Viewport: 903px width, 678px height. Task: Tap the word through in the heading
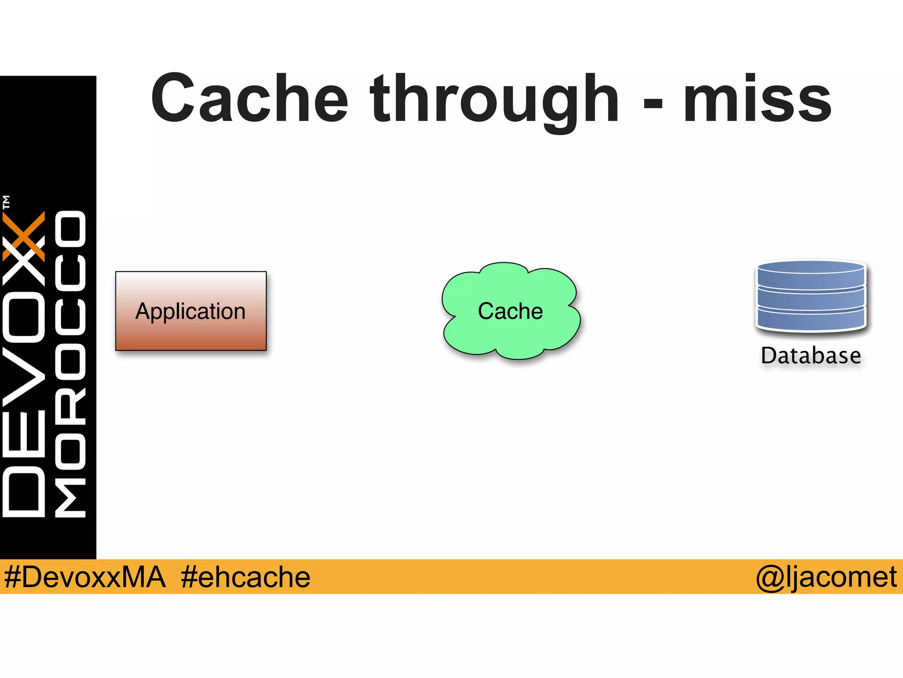(x=495, y=99)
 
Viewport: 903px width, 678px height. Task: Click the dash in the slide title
(x=653, y=103)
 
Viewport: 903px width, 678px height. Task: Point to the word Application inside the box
(x=190, y=311)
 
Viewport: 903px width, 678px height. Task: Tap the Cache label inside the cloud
(x=510, y=311)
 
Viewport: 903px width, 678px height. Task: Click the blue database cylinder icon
(x=811, y=296)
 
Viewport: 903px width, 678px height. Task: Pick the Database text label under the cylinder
(x=811, y=356)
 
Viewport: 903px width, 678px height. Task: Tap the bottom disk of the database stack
(x=811, y=320)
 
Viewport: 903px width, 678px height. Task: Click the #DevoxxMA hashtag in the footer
(x=85, y=577)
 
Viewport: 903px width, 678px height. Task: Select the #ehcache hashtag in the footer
(x=246, y=577)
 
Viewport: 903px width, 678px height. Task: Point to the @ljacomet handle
(x=826, y=577)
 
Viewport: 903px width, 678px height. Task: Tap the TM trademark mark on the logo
(x=6, y=202)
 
